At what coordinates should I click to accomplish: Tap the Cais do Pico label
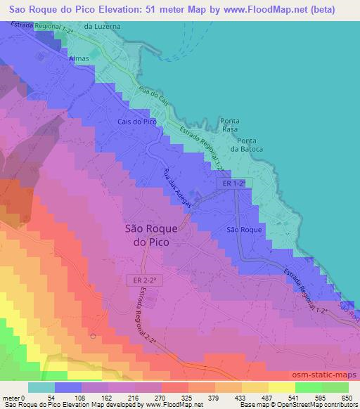pyautogui.click(x=136, y=122)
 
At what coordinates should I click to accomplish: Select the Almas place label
pyautogui.click(x=79, y=59)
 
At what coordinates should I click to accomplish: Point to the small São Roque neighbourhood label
pyautogui.click(x=245, y=230)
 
